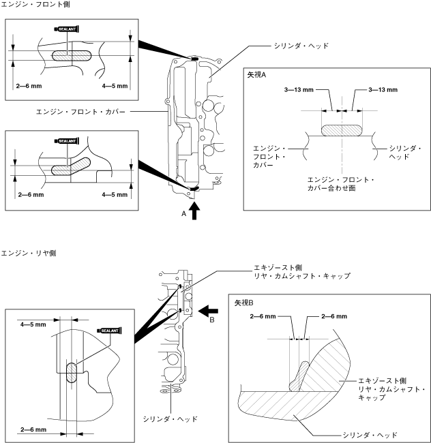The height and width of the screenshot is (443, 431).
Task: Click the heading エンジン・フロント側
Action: pyautogui.click(x=35, y=4)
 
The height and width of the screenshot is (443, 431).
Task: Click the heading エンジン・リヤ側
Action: pyautogui.click(x=29, y=253)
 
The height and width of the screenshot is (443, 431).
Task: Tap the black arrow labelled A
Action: pyautogui.click(x=194, y=211)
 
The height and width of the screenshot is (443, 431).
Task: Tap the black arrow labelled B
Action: pyautogui.click(x=208, y=311)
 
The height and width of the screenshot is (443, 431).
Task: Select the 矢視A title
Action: pyautogui.click(x=256, y=75)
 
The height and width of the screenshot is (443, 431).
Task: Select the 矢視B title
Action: pyautogui.click(x=244, y=303)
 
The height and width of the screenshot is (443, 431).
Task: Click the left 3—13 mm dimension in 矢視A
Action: pyautogui.click(x=299, y=90)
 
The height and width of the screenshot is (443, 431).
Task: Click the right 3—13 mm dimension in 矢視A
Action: pyautogui.click(x=383, y=90)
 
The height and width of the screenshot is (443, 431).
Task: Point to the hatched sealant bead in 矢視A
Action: pyautogui.click(x=342, y=130)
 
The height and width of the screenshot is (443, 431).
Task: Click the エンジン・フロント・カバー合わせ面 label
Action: pyautogui.click(x=340, y=184)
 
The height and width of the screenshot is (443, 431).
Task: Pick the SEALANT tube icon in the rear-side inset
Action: pyautogui.click(x=109, y=331)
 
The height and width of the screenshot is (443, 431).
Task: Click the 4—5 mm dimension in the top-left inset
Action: pyautogui.click(x=115, y=86)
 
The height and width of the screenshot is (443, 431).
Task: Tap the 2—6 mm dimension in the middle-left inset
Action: pyautogui.click(x=31, y=195)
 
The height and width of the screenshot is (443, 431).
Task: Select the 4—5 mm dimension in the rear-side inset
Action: pyautogui.click(x=33, y=324)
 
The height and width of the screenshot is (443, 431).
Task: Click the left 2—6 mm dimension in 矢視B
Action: pyautogui.click(x=263, y=316)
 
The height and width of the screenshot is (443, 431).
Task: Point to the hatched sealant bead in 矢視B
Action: pyautogui.click(x=299, y=376)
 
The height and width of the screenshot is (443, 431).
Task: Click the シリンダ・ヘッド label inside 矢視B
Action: pyautogui.click(x=370, y=435)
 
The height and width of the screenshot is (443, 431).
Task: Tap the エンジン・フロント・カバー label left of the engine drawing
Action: pyautogui.click(x=80, y=112)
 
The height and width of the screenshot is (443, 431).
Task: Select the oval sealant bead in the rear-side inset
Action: pyautogui.click(x=72, y=373)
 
